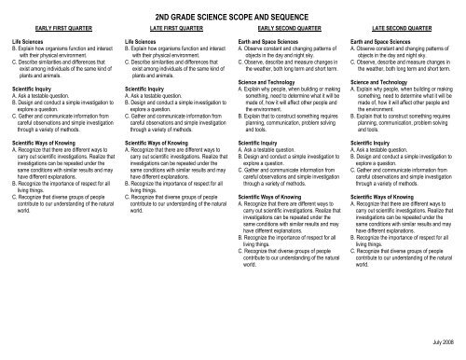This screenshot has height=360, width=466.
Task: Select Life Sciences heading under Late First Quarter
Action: [144, 43]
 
